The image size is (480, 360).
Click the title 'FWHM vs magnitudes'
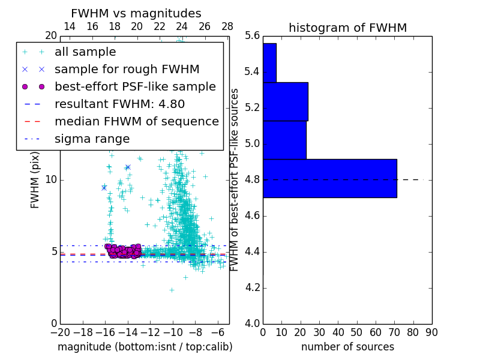click(136, 14)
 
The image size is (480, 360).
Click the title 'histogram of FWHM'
click(347, 28)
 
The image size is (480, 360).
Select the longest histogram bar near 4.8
click(329, 178)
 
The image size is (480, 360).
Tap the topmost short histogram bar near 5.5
click(269, 62)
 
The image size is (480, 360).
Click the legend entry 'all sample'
click(85, 52)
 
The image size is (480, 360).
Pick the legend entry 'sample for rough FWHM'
click(127, 70)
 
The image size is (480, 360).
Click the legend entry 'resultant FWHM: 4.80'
click(119, 104)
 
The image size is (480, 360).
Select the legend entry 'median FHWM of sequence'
click(136, 122)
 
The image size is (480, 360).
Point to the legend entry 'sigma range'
click(92, 139)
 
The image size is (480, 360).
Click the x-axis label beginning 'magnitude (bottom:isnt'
click(145, 347)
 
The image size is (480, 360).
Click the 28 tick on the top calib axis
click(227, 27)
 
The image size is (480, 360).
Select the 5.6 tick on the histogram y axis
click(253, 36)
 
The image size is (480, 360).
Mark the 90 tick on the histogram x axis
click(431, 332)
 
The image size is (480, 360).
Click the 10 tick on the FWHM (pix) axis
click(51, 180)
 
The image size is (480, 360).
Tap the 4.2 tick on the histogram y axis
click(253, 288)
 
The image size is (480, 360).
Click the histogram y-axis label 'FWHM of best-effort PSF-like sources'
click(235, 179)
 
